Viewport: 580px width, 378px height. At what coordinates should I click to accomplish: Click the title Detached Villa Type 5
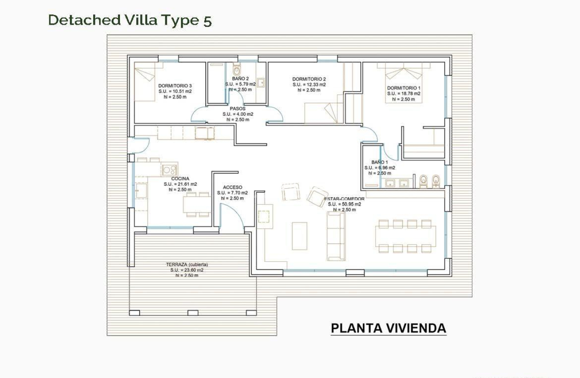(130, 20)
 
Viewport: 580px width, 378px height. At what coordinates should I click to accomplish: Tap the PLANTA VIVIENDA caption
(388, 329)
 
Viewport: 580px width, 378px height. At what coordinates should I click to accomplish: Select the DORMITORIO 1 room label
(404, 88)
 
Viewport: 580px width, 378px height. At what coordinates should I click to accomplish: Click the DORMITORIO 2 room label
(309, 79)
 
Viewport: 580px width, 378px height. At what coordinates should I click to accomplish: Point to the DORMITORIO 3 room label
(175, 86)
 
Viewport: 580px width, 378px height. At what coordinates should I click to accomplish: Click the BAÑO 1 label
(379, 162)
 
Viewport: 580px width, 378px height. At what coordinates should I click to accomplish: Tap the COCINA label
(180, 179)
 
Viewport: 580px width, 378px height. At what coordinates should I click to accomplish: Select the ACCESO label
(232, 187)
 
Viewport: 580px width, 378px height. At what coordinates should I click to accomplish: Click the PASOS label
(238, 109)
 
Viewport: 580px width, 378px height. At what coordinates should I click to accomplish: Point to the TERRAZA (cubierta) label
(187, 264)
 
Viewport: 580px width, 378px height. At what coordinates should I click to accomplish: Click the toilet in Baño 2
(237, 70)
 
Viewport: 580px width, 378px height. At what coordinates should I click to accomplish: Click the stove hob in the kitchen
(170, 170)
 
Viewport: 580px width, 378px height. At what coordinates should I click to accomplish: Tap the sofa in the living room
(335, 235)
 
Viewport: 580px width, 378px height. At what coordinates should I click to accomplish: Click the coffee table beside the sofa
(300, 235)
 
